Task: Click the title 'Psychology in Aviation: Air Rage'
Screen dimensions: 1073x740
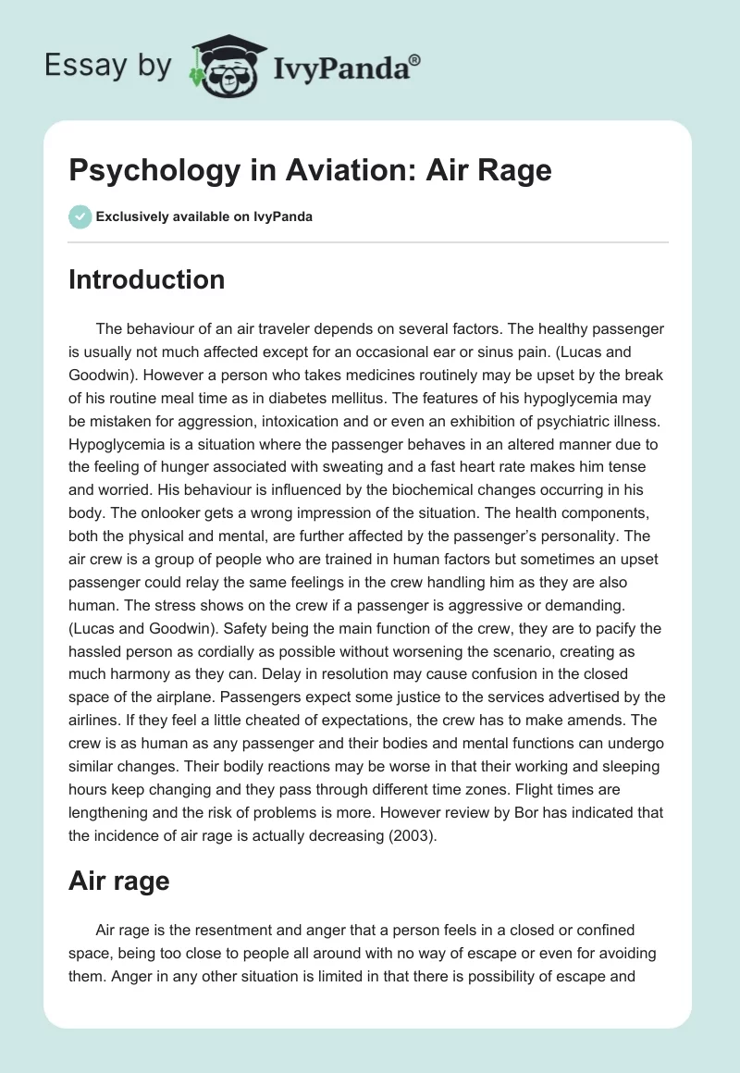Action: [x=310, y=171]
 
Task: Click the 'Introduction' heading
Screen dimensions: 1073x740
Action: [x=146, y=279]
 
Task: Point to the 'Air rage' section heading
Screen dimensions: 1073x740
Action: [x=118, y=881]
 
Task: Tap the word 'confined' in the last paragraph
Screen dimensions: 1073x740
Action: [x=604, y=929]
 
